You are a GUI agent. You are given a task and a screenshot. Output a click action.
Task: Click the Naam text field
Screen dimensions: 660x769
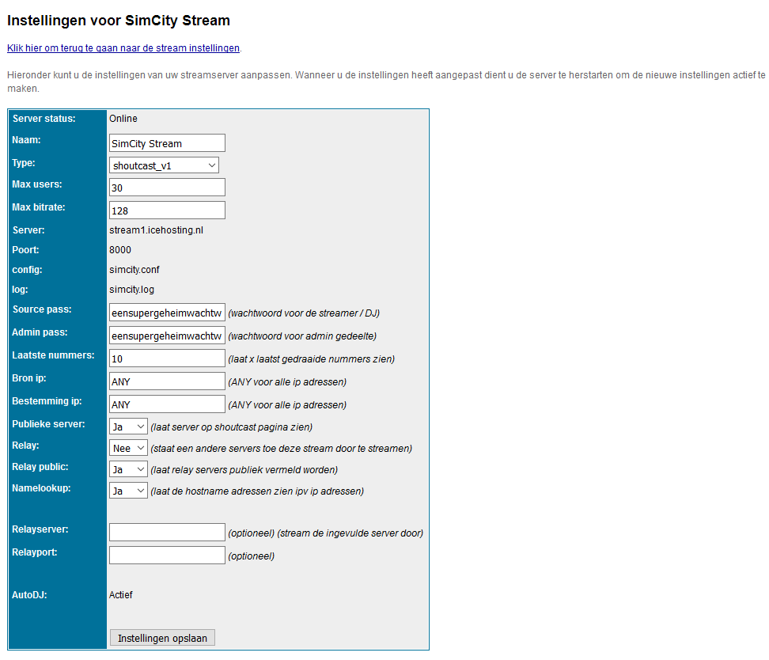167,143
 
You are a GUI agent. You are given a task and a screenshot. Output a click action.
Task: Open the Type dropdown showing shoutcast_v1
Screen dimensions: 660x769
164,165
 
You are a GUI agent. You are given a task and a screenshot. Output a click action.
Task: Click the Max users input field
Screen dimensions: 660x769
167,188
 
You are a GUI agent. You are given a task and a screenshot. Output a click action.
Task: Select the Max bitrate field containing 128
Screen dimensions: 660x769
167,211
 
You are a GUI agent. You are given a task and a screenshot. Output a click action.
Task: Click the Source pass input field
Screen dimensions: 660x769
167,313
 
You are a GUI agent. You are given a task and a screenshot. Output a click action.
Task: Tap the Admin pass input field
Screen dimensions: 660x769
167,336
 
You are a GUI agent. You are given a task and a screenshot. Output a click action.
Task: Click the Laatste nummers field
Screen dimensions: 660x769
167,358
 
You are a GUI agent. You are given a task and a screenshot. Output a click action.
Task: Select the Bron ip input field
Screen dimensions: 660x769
167,381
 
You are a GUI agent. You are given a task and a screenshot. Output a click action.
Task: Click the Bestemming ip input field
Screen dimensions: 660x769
167,404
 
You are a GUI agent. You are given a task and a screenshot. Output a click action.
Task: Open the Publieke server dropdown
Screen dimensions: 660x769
128,427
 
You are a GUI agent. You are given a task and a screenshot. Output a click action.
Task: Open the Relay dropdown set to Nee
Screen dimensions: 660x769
128,448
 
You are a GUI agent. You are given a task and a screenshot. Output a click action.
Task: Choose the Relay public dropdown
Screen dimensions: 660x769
128,469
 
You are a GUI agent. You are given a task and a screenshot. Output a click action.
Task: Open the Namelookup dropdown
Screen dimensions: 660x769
128,491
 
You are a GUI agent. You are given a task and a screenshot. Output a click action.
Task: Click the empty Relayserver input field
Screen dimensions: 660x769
167,533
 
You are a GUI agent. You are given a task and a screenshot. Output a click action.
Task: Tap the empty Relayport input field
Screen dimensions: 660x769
167,556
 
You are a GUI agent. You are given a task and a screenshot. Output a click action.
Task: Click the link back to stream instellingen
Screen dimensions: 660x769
123,48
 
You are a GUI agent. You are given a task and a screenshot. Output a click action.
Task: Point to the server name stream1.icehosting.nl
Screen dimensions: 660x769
157,230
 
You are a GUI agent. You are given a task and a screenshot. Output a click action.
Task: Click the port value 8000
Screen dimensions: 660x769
120,250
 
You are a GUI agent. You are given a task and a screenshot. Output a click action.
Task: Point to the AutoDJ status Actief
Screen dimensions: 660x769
121,595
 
